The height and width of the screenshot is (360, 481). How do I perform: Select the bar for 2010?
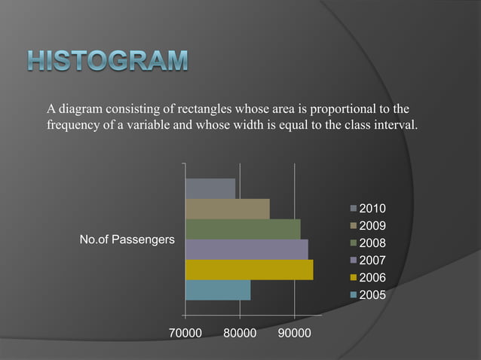[x=210, y=188]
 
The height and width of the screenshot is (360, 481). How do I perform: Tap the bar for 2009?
[x=227, y=209]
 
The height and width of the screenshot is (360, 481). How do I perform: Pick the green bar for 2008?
[x=243, y=229]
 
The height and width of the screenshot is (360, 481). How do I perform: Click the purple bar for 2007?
[x=247, y=249]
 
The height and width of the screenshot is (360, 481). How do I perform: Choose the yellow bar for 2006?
[x=249, y=270]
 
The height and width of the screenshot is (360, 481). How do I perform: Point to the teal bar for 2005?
[x=218, y=290]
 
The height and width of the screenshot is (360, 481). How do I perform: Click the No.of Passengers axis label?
[x=127, y=240]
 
